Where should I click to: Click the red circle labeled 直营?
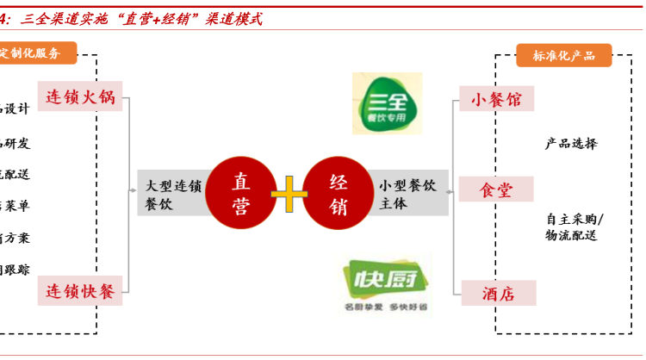241,195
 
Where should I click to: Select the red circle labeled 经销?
338,195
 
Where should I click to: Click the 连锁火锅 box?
80,96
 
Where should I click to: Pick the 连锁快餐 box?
80,290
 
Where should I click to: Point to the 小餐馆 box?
496,99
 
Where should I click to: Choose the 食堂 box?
496,189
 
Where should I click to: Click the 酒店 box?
496,294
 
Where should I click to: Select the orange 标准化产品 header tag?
563,55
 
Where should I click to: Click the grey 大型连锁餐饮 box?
173,194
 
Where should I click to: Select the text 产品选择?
571,144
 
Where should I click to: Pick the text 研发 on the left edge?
17,142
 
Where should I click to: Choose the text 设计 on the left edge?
17,109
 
